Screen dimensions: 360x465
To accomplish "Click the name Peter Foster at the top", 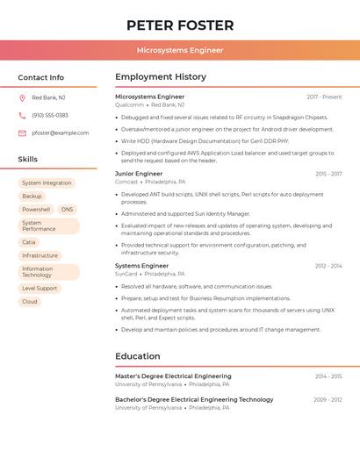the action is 180,25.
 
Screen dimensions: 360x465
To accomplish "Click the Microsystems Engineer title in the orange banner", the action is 180,50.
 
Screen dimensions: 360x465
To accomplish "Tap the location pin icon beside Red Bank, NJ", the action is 22,97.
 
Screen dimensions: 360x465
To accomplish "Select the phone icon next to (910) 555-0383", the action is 22,115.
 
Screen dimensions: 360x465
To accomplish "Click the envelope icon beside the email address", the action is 22,132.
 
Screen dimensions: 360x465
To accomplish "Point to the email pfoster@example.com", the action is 61,132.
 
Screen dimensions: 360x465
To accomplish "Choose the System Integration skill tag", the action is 47,183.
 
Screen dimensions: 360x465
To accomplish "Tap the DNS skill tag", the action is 68,210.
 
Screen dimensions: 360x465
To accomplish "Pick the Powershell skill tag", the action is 36,210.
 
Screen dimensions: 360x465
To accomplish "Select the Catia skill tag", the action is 29,242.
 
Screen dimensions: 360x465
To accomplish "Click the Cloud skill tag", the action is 30,301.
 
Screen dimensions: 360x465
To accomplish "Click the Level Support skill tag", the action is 40,288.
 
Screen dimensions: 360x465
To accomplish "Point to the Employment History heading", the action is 161,77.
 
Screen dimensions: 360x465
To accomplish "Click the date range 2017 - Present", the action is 324,97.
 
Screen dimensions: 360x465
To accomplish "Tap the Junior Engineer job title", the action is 139,174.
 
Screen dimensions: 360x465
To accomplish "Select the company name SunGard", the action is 126,273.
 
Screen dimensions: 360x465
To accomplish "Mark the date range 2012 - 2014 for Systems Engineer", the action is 328,265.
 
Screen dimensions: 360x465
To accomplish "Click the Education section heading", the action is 138,356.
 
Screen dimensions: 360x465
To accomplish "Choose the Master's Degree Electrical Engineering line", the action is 173,376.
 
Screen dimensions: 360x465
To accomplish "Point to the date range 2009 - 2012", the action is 328,399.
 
